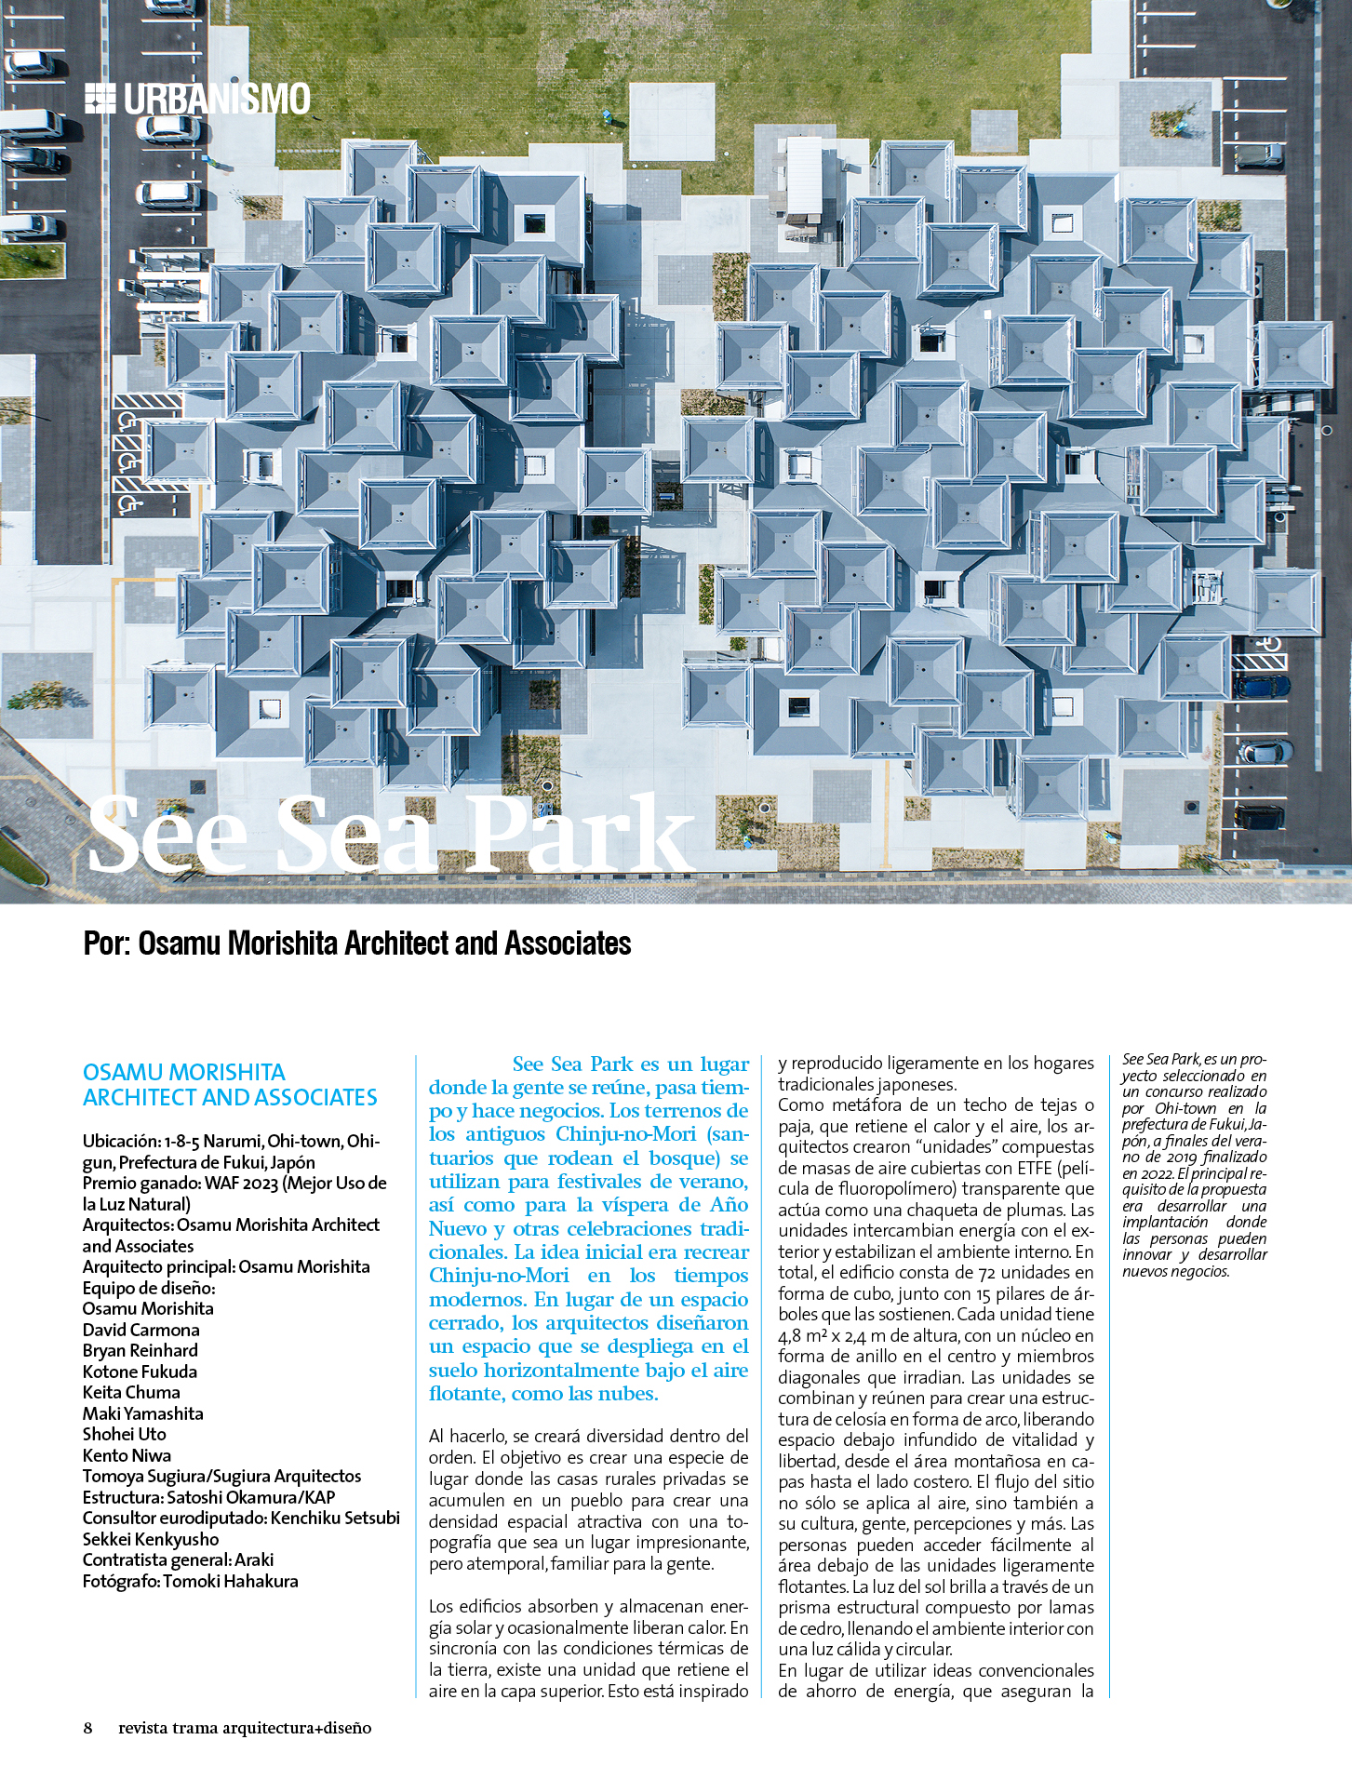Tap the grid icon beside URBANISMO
pyautogui.click(x=100, y=99)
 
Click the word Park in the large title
pyautogui.click(x=579, y=835)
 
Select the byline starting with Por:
pyautogui.click(x=357, y=944)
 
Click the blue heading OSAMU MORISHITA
pyautogui.click(x=184, y=1073)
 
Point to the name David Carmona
pyautogui.click(x=141, y=1330)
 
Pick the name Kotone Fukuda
pyautogui.click(x=140, y=1372)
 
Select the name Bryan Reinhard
pyautogui.click(x=140, y=1350)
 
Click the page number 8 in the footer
pyautogui.click(x=88, y=1728)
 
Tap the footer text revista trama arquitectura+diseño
pyautogui.click(x=245, y=1728)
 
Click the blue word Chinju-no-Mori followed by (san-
pyautogui.click(x=625, y=1134)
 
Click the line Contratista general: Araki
pyautogui.click(x=178, y=1559)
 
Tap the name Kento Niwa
pyautogui.click(x=127, y=1455)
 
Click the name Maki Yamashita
pyautogui.click(x=142, y=1413)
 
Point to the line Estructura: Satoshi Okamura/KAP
pyautogui.click(x=208, y=1497)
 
